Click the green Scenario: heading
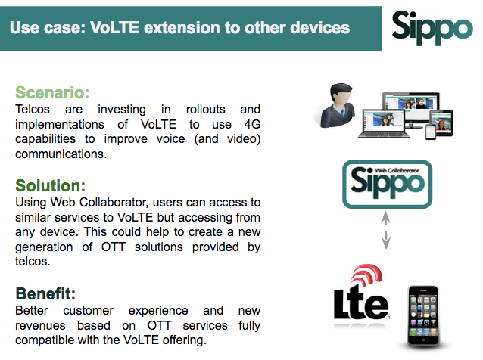pos(52,92)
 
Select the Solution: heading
pos(51,185)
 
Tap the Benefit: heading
pos(45,293)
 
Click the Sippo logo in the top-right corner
pos(432,28)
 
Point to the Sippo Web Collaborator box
pos(387,185)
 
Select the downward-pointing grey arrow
pos(386,241)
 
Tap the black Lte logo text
pos(361,303)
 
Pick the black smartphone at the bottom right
pos(423,316)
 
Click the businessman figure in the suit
pos(336,105)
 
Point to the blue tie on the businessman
pos(343,113)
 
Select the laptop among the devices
pos(384,124)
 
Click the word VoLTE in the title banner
pos(114,28)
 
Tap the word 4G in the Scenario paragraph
pos(252,124)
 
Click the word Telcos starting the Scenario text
pos(33,110)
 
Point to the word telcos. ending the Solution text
pos(33,262)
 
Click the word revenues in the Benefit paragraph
pos(40,325)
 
